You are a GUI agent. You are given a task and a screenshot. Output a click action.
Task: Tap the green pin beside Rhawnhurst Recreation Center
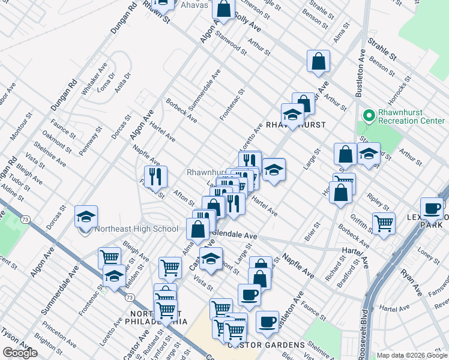(368, 114)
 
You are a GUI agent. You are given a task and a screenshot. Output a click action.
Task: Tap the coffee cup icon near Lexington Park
(431, 208)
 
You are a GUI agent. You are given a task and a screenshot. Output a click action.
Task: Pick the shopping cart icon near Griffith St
(383, 223)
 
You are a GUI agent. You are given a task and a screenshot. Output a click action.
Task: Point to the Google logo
(20, 353)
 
